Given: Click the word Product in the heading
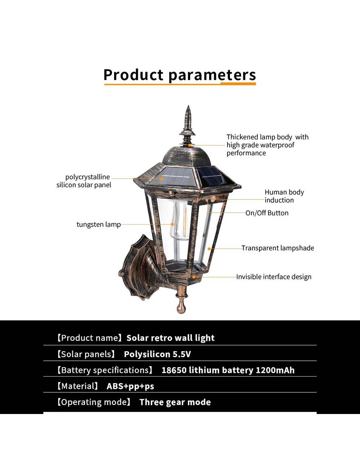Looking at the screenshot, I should point(133,75).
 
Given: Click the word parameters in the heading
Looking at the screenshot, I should point(212,75).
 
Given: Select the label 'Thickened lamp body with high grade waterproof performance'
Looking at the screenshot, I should point(267,145).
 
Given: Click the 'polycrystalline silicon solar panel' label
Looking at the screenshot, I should point(84,181).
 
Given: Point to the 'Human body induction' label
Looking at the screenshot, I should point(284,196).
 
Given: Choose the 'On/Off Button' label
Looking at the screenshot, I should point(267,213).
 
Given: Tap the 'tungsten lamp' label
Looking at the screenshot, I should point(98,224).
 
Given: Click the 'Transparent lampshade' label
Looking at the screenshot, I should point(278,248).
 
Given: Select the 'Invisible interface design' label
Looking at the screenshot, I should point(274,277).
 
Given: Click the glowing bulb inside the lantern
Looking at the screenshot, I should point(179,221).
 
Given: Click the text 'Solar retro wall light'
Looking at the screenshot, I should point(170,338).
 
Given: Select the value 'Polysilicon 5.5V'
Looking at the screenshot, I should point(157,354).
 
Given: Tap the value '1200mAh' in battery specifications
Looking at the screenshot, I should point(275,370).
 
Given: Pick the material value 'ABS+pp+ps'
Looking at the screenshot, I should point(130,386).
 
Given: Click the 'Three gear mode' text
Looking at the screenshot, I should point(175,402).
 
